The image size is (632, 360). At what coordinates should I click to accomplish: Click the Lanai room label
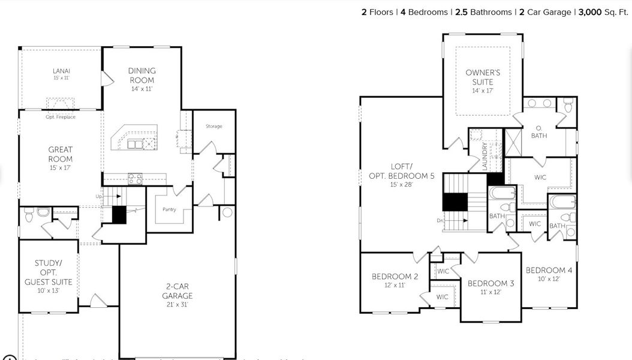pos(61,74)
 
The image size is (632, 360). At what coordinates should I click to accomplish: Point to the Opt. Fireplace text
pos(61,117)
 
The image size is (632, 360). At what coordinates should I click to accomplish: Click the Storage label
pos(214,126)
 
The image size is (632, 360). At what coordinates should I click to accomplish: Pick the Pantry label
pos(168,209)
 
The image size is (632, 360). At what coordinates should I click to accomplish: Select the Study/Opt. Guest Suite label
pos(49,277)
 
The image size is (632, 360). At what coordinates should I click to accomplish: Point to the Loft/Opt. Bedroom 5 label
pos(401,175)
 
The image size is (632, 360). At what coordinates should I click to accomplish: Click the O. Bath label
pos(538,131)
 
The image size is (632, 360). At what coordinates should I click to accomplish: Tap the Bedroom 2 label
pos(395,280)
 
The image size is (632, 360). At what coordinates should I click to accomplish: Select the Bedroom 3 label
pos(490,287)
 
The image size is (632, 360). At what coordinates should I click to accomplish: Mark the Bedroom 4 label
pos(549,274)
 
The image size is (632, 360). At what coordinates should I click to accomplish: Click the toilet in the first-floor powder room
pos(29,214)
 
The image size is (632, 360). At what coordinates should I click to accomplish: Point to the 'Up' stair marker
pos(99,196)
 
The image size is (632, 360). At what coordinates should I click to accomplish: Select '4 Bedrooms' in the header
pos(424,12)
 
